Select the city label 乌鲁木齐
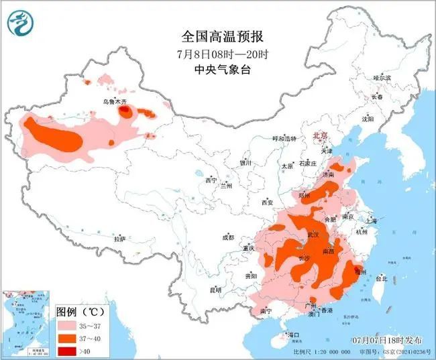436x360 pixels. pyautogui.click(x=114, y=101)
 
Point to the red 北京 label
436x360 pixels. pyautogui.click(x=321, y=135)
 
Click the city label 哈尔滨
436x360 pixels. pyautogui.click(x=381, y=78)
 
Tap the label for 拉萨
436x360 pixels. pyautogui.click(x=119, y=239)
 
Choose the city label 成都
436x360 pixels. pyautogui.click(x=228, y=237)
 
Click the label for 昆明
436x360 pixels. pyautogui.click(x=215, y=290)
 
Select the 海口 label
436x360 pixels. pyautogui.click(x=292, y=334)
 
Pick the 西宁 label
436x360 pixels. pyautogui.click(x=211, y=180)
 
